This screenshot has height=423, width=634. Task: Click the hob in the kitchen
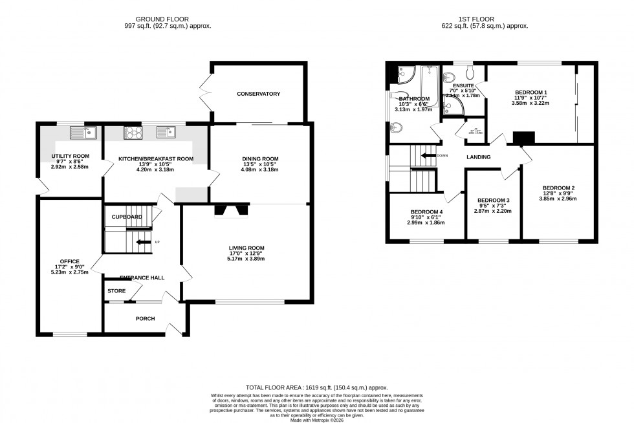click(x=133, y=133)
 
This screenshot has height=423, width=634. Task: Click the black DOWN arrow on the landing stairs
click(x=428, y=155)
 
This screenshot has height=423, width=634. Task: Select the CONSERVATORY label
click(x=258, y=94)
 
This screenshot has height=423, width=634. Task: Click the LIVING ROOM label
click(x=246, y=248)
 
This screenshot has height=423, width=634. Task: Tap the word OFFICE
click(x=69, y=261)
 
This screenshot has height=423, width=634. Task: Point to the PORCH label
click(x=145, y=319)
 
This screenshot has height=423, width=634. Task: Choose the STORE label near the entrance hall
click(x=116, y=291)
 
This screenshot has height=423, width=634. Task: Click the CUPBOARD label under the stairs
click(x=127, y=217)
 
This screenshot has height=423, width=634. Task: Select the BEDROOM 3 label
click(x=493, y=201)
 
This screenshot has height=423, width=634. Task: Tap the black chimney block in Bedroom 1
click(x=524, y=137)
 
